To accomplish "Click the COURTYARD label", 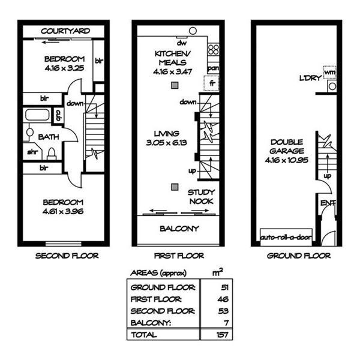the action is click(x=65, y=31).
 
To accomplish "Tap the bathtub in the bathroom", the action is click(x=37, y=115).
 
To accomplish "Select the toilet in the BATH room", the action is click(x=52, y=154).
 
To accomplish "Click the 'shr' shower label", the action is click(x=32, y=152).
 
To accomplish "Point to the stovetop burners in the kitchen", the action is click(x=213, y=49).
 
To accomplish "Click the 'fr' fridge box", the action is click(x=212, y=83).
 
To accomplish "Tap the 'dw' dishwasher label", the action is click(x=182, y=43).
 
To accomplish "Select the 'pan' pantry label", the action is click(x=213, y=68).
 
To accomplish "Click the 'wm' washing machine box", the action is click(x=330, y=73).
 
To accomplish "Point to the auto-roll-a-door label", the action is click(x=286, y=237).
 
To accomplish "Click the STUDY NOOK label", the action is click(x=202, y=197).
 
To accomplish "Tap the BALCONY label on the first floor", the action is click(x=179, y=229).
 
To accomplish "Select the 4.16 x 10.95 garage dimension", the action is click(x=287, y=160).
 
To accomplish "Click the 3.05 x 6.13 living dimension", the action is click(x=167, y=143).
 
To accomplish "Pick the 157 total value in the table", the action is click(x=222, y=335).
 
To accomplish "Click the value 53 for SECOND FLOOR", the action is click(x=223, y=311).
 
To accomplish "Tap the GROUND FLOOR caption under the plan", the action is click(x=299, y=256).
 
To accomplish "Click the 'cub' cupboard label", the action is click(x=58, y=115).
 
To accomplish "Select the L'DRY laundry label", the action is click(x=310, y=78).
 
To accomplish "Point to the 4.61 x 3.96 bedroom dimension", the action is click(x=63, y=211).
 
